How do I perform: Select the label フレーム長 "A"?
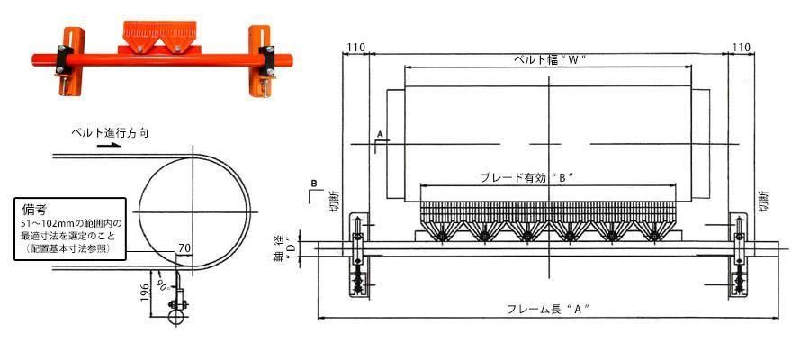(x=550, y=310)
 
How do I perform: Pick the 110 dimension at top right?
(x=742, y=47)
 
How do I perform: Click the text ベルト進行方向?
(x=110, y=132)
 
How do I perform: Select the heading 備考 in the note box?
(x=34, y=208)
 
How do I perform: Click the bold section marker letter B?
(x=313, y=184)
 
